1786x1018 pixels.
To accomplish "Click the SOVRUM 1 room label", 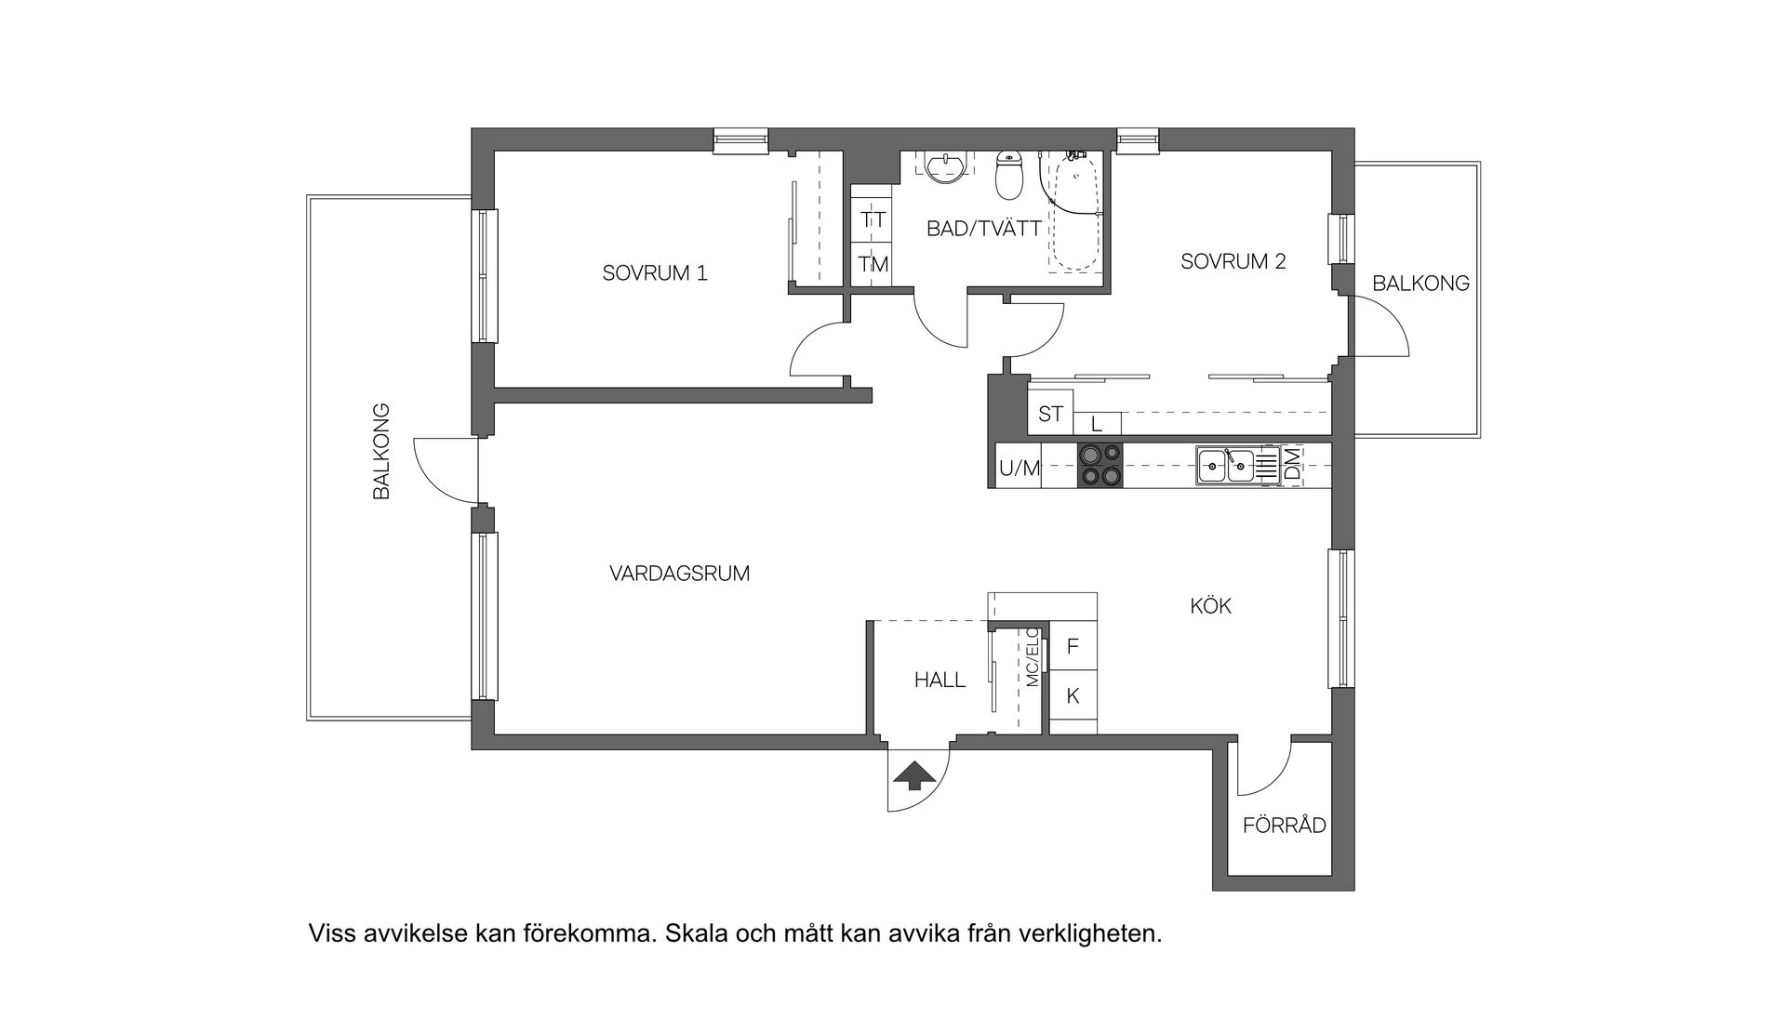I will click(x=654, y=273).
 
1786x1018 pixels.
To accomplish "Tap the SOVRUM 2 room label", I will click(x=1233, y=261).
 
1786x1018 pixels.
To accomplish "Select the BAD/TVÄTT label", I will click(x=983, y=229).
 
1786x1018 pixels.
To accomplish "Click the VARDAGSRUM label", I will click(x=679, y=574).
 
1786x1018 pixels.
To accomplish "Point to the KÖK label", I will click(x=1210, y=606).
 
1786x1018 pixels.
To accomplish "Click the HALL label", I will click(x=940, y=680).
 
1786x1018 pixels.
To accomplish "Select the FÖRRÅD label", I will click(x=1284, y=826).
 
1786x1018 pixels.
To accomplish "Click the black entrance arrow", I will click(x=914, y=774).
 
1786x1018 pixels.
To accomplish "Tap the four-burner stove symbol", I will click(x=1100, y=466).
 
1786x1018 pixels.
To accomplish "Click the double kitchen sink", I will click(x=1226, y=465).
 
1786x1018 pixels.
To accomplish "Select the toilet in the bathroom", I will click(x=1008, y=177).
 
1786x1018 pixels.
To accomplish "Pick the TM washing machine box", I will click(x=873, y=265).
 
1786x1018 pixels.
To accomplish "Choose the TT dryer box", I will click(x=873, y=220).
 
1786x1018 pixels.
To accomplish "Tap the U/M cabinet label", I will click(x=1019, y=469).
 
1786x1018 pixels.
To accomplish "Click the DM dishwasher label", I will click(x=1292, y=466).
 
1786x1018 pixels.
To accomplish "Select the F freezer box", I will click(x=1073, y=646).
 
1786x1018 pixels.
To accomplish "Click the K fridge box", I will click(x=1073, y=695).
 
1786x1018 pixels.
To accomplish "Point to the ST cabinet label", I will click(x=1050, y=414).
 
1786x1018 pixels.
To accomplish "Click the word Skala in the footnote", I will click(x=695, y=932).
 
